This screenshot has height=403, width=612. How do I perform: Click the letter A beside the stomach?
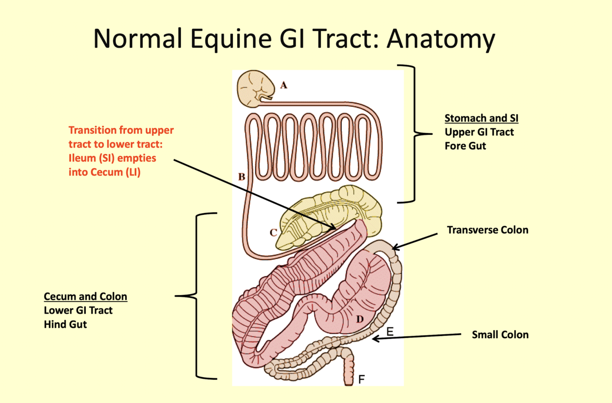coord(284,85)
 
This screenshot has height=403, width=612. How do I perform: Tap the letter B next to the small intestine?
coord(242,177)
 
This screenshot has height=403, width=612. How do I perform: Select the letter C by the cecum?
coord(273,233)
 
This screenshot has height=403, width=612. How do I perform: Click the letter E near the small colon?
coord(390,331)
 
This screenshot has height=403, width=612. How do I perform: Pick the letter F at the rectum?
coord(362,380)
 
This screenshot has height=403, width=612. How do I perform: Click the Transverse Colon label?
coord(487,229)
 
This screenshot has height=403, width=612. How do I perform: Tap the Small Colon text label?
coord(500,335)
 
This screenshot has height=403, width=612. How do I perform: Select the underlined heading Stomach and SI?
coord(481,118)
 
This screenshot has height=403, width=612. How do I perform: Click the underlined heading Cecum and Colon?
coord(85,297)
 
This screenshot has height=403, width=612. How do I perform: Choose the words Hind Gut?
coord(65,324)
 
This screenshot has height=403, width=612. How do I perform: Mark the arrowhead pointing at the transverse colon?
coord(395,248)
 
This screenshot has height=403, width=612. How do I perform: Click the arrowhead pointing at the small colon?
coord(375,339)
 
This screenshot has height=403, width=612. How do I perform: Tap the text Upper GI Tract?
coord(479,132)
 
